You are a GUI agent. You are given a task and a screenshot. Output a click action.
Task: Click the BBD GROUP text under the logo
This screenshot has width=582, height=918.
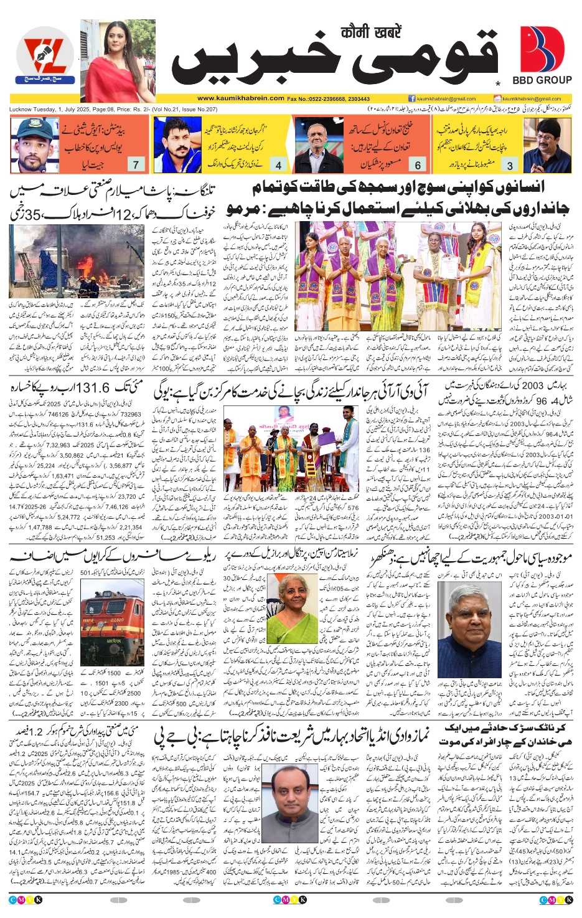pos(542,80)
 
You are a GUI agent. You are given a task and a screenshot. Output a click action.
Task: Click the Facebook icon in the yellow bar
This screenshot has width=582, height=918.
pos(411,98)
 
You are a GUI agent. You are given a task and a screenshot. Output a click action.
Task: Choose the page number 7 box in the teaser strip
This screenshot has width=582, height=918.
pos(136,165)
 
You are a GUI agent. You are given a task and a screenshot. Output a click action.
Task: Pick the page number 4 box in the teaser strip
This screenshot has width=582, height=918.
pos(278,165)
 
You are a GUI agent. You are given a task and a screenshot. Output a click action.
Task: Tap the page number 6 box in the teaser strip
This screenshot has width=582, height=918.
pos(418,165)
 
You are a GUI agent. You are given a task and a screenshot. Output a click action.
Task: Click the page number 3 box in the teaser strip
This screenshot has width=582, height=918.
pos(510,165)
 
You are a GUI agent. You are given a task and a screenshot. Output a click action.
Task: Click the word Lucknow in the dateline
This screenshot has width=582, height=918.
pos(21,110)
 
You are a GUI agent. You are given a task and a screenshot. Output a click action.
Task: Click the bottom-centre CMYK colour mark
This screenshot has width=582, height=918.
pos(290,899)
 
